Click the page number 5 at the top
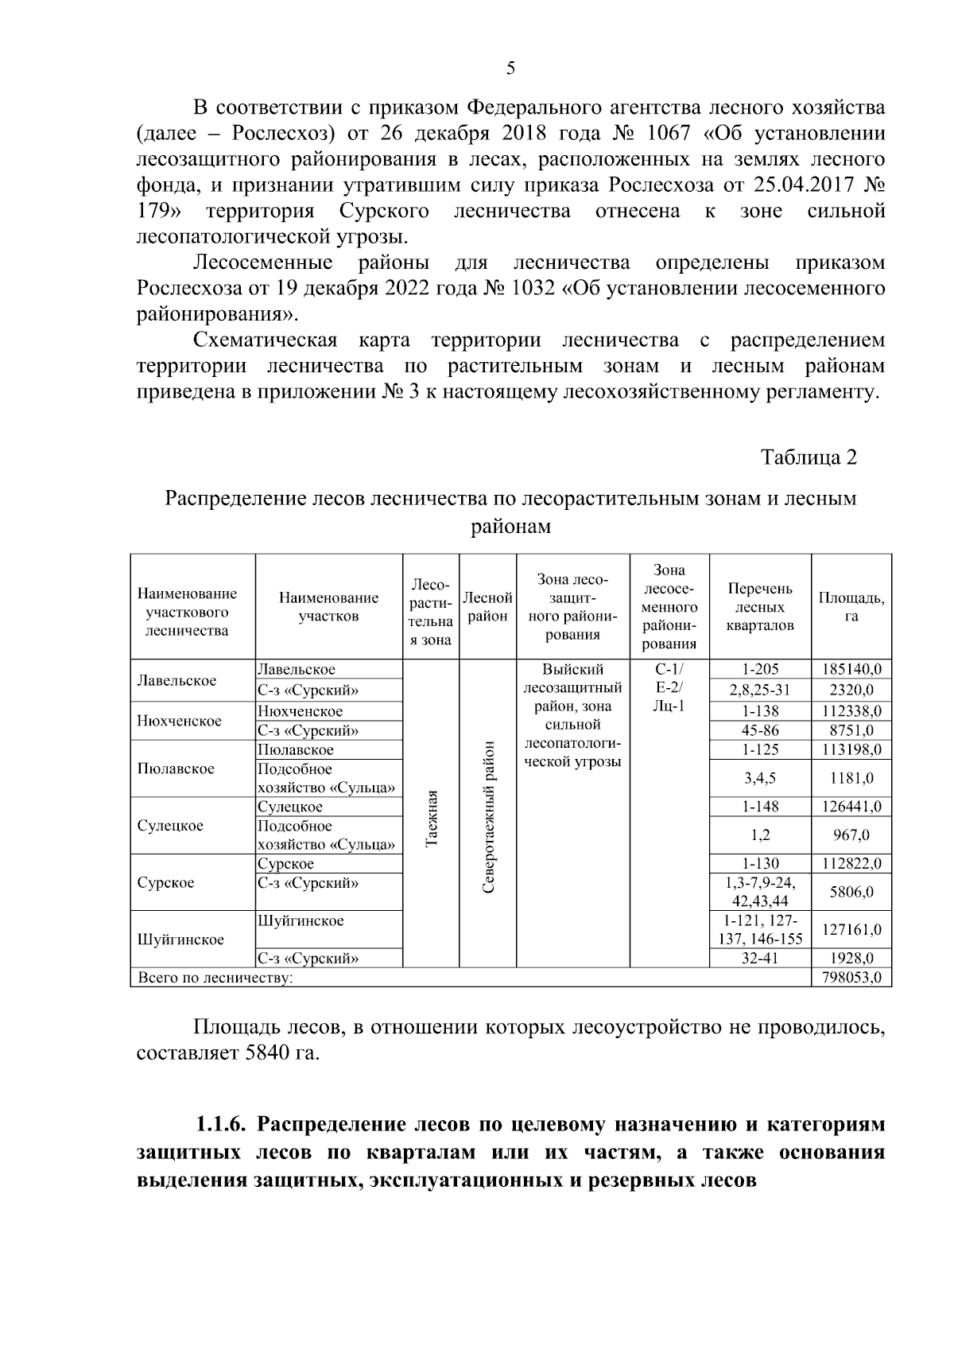(x=510, y=68)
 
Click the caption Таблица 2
(x=809, y=457)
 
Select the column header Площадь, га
(x=851, y=606)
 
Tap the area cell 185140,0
(x=851, y=670)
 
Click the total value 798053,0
(x=851, y=978)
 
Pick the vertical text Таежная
(x=432, y=819)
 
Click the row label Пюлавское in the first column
(x=176, y=769)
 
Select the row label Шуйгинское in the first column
(x=180, y=940)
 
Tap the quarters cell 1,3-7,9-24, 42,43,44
(x=759, y=892)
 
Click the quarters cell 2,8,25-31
(x=759, y=690)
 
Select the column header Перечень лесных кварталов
(x=759, y=606)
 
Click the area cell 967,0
(x=851, y=835)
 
